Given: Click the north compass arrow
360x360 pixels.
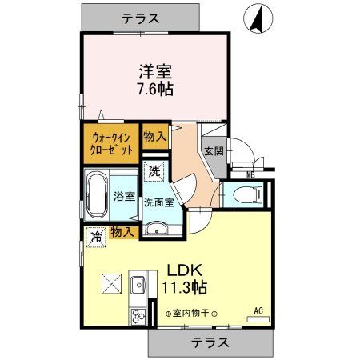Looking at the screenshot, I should [259, 18].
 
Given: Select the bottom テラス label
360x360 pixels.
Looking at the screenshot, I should [210, 342].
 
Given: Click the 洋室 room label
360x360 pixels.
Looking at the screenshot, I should [154, 70].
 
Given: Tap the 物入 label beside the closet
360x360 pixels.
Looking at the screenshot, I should [154, 138].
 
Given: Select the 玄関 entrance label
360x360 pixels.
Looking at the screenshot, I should [214, 152].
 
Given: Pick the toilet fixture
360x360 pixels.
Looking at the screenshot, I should [249, 194].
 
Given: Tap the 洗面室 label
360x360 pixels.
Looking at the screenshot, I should [158, 202].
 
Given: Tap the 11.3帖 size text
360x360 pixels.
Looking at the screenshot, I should [187, 286].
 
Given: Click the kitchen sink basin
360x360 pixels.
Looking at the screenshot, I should [137, 282].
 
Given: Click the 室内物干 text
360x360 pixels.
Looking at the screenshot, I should [193, 314].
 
